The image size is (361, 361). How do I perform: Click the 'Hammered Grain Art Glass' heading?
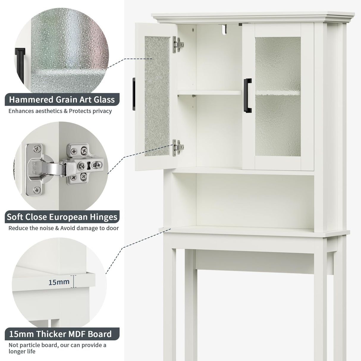click(x=62, y=99)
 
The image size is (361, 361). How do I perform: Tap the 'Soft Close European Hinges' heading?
click(x=62, y=217)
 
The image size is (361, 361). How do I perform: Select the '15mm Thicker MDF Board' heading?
click(x=60, y=334)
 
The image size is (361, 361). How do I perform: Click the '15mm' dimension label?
click(x=59, y=282)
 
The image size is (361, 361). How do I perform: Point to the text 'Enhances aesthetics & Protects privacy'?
click(x=60, y=111)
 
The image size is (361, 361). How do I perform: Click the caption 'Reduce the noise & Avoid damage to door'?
click(x=63, y=228)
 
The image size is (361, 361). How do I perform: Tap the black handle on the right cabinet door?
click(x=247, y=95)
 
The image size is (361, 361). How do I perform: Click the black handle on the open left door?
click(x=134, y=94)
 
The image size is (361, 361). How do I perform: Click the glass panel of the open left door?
click(x=157, y=97)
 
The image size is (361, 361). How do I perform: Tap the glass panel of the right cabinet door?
click(x=277, y=97)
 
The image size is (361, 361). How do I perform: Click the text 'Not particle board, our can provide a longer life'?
click(x=57, y=348)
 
